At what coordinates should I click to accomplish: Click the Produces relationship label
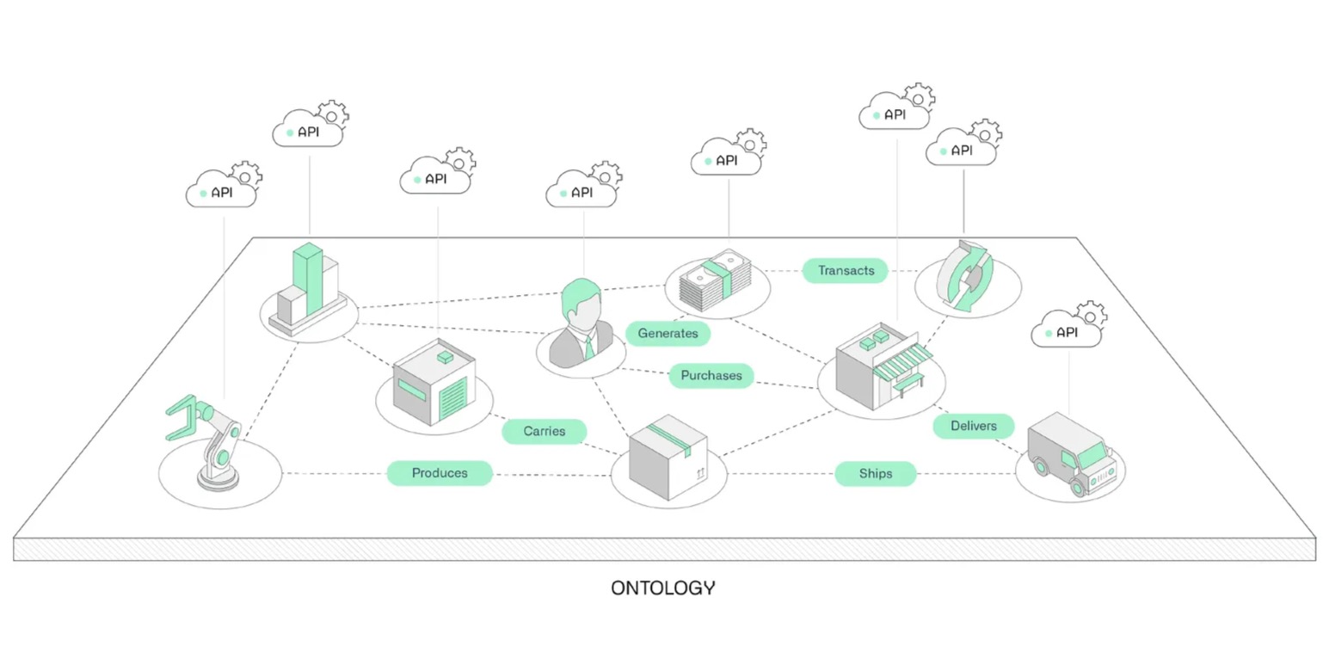[x=440, y=473]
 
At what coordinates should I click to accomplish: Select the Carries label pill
[x=544, y=431]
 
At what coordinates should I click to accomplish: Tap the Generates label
[x=668, y=333]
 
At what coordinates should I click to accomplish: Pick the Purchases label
[x=711, y=376]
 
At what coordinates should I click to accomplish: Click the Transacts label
[x=845, y=270]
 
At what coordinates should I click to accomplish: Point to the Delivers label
[x=973, y=426]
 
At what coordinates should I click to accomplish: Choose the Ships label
[x=875, y=474]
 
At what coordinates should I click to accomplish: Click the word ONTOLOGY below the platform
[x=662, y=588]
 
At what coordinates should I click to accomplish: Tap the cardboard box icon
[x=668, y=457]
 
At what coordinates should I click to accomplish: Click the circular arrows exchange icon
[x=967, y=276]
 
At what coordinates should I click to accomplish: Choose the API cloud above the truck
[x=1066, y=331]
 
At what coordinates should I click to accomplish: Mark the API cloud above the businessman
[x=581, y=192]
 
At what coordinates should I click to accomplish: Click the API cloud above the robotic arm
[x=221, y=192]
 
